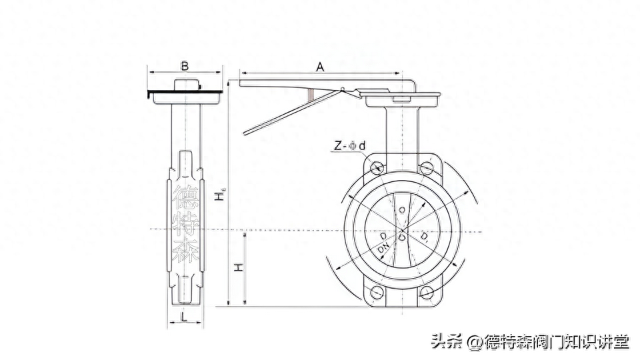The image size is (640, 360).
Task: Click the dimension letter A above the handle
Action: coord(319,67)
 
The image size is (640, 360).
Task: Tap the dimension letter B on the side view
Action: coord(185,65)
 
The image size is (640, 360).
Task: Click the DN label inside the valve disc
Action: coord(383,248)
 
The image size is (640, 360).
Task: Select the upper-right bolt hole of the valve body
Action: coord(425,167)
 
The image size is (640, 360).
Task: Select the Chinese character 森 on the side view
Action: coord(185,251)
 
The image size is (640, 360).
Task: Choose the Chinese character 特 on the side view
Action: coord(185,224)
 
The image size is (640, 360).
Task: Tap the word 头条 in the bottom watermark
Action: coord(447,342)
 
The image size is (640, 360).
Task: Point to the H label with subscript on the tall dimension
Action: coord(218,196)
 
